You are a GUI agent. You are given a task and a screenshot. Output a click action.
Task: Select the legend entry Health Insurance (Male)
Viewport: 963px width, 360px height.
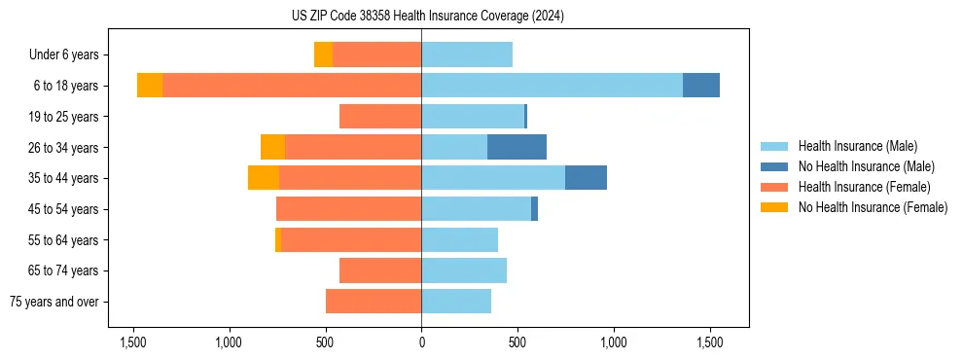point(857,146)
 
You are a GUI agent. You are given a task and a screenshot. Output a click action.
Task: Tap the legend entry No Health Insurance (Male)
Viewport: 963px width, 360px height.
point(866,166)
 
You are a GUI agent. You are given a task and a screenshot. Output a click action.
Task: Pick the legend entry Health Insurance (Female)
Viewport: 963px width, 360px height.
point(864,187)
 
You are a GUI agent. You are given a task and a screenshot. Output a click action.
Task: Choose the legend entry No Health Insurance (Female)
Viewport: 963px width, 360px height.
point(873,207)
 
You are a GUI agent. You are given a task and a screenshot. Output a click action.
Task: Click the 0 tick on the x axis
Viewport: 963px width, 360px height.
point(421,342)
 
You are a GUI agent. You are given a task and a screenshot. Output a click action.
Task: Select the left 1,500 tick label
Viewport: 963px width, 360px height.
point(132,342)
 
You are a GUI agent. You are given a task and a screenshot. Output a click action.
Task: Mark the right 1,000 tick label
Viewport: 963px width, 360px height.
point(614,342)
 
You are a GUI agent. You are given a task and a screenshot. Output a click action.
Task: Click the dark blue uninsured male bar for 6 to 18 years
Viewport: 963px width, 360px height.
point(700,86)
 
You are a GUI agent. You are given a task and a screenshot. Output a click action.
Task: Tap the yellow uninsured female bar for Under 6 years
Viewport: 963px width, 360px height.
point(323,54)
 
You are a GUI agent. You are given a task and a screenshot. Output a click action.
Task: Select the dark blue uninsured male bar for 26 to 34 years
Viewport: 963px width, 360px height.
point(517,147)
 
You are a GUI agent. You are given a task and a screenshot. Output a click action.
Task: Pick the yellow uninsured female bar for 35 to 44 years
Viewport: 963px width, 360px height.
point(264,178)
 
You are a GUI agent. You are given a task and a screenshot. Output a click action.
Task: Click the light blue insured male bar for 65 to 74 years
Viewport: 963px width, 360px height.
point(464,270)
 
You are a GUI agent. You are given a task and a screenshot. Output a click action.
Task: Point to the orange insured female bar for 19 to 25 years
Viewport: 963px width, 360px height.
point(380,117)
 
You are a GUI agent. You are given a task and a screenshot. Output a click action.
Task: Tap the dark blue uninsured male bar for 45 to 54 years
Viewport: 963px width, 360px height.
point(534,209)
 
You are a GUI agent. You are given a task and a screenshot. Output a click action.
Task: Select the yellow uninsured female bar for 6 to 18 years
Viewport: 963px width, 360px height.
point(150,86)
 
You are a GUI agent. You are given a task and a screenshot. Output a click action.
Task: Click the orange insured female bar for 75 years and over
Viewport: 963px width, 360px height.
point(374,302)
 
